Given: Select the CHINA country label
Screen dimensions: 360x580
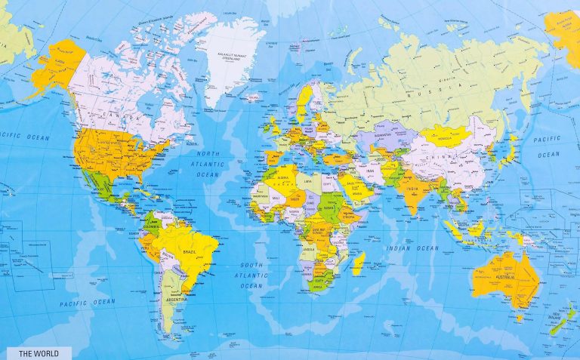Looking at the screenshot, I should pyautogui.click(x=440, y=158).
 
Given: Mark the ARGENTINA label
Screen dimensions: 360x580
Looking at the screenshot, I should pyautogui.click(x=174, y=300).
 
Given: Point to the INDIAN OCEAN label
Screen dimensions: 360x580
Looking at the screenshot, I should pyautogui.click(x=412, y=248).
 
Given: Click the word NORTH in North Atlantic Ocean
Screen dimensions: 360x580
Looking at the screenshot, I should pyautogui.click(x=208, y=154).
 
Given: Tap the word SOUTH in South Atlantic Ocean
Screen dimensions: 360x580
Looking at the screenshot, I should pyautogui.click(x=251, y=265).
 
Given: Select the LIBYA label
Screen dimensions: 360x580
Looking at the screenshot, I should pyautogui.click(x=306, y=181).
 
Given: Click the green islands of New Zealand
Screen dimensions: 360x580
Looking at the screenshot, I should pyautogui.click(x=563, y=320).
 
